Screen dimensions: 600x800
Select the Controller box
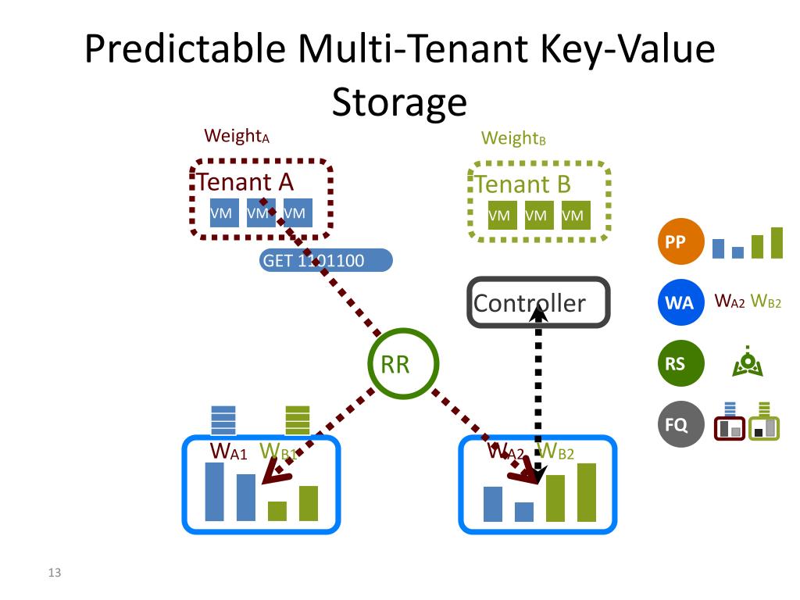[x=538, y=302]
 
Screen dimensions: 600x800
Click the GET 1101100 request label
[x=325, y=260]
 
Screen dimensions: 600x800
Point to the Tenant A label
[x=245, y=182]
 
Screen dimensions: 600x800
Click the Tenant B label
[x=523, y=185]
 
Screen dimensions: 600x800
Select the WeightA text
[x=236, y=136]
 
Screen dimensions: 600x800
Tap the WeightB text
[x=512, y=139]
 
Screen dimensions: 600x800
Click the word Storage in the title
[x=399, y=102]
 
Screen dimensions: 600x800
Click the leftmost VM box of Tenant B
[x=500, y=216]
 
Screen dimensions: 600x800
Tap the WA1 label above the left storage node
[x=228, y=452]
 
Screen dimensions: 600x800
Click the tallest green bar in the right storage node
[x=587, y=492]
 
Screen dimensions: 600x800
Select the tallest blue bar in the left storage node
[x=214, y=491]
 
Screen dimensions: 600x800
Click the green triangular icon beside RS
[x=748, y=363]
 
